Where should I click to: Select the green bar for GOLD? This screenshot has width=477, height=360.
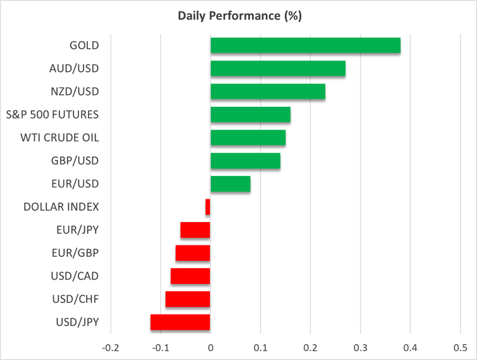pos(305,46)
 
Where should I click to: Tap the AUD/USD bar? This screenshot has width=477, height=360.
pos(278,68)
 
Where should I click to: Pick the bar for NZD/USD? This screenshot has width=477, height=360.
pos(268,92)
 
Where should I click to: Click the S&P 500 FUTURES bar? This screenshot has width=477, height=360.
pos(250,115)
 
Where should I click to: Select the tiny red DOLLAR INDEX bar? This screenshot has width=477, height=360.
pos(208,207)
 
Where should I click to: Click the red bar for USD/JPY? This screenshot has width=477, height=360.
pos(180,322)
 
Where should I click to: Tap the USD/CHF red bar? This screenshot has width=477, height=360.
pos(187,299)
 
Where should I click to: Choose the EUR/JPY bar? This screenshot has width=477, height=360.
pos(195,230)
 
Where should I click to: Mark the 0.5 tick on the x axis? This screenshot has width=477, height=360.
pos(460,347)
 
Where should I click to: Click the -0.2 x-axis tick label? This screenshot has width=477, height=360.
pos(110,347)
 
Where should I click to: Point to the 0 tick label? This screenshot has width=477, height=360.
pos(210,347)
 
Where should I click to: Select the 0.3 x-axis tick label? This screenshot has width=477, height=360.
pos(360,347)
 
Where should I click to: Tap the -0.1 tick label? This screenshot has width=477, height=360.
pos(160,347)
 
